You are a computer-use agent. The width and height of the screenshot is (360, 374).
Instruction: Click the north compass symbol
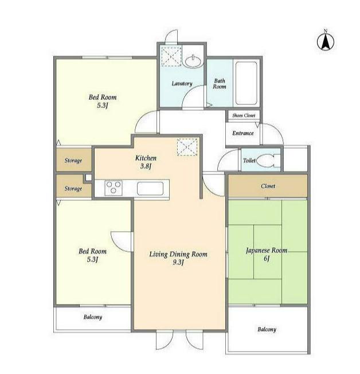click(326, 41)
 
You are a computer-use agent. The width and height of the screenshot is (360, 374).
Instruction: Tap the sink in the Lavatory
click(193, 61)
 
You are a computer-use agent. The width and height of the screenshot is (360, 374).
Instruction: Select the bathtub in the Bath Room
click(246, 83)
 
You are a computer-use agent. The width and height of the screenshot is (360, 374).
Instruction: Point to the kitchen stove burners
click(114, 188)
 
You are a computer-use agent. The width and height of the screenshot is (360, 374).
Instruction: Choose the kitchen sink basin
click(150, 188)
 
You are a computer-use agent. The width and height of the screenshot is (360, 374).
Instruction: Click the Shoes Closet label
click(244, 115)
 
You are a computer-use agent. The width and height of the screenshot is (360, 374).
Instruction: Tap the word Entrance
click(243, 133)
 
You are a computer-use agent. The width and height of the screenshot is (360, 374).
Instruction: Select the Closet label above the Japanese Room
click(268, 186)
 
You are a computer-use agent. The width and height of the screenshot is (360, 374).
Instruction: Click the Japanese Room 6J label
click(267, 254)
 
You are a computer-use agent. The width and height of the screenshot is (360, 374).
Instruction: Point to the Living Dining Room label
click(178, 258)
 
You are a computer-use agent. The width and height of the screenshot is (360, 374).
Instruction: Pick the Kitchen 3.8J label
click(146, 162)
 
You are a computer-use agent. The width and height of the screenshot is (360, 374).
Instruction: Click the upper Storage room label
click(73, 161)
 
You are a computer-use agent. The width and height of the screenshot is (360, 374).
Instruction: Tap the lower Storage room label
click(73, 189)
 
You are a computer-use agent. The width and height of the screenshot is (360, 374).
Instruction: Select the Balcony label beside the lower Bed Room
click(93, 317)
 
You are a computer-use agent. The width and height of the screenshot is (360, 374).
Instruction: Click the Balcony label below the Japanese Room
click(267, 329)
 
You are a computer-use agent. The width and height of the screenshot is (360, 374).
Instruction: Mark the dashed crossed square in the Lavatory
click(171, 56)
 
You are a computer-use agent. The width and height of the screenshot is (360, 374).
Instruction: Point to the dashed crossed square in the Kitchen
click(187, 147)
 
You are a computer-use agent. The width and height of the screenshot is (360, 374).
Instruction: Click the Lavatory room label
click(182, 84)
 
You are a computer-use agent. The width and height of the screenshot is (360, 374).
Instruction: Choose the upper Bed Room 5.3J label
click(103, 101)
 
